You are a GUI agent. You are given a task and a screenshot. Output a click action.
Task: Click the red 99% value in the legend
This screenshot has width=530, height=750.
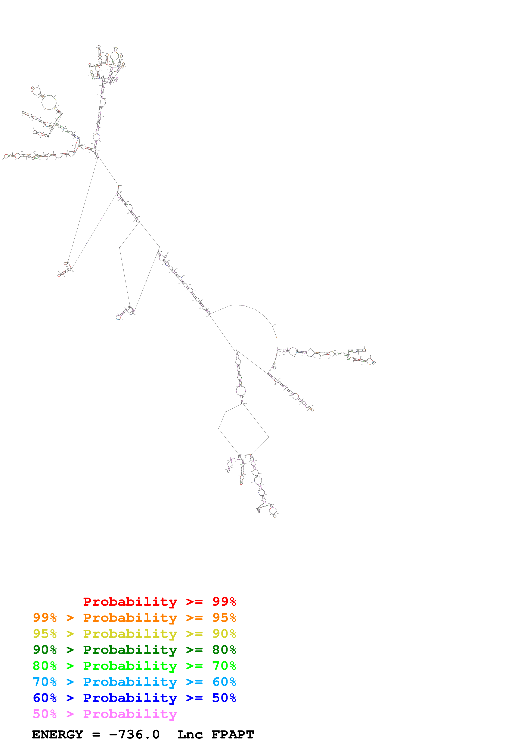(224, 601)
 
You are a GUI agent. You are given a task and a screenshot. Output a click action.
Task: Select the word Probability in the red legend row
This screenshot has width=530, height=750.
(130, 601)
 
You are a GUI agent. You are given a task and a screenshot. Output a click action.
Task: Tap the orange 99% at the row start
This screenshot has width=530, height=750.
(45, 617)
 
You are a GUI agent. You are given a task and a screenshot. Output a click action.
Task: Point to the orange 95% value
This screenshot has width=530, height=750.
(224, 617)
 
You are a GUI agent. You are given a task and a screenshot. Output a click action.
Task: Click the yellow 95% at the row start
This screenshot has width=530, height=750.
(45, 633)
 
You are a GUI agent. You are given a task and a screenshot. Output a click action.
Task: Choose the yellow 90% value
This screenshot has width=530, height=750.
(224, 633)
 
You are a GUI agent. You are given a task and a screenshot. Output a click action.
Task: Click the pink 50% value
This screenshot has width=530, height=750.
(45, 713)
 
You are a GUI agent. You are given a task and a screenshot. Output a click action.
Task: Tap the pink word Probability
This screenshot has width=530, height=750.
(130, 713)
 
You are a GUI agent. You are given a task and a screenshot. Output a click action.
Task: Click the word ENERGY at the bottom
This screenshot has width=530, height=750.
(58, 734)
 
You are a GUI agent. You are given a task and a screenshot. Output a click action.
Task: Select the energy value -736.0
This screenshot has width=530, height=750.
(134, 734)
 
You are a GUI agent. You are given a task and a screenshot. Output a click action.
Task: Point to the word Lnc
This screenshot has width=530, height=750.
(190, 734)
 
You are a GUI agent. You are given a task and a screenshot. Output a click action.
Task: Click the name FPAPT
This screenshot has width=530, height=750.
(233, 734)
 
